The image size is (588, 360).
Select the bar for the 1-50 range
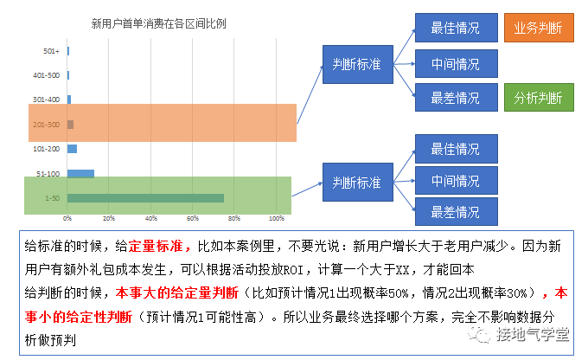[x=145, y=198]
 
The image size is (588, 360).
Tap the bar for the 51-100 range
[x=81, y=173]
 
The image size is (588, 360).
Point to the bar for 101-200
[x=73, y=149]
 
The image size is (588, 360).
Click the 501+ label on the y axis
[x=52, y=51]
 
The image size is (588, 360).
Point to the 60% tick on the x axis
[x=194, y=217]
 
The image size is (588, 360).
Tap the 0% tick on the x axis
[x=67, y=217]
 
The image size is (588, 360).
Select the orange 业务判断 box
[x=537, y=28]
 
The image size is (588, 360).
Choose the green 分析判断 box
[x=537, y=97]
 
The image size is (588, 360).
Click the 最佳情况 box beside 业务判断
[x=455, y=28]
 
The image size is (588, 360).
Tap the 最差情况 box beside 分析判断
[x=455, y=97]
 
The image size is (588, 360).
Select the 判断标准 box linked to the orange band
[x=356, y=62]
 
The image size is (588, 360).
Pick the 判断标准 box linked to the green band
[x=356, y=183]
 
